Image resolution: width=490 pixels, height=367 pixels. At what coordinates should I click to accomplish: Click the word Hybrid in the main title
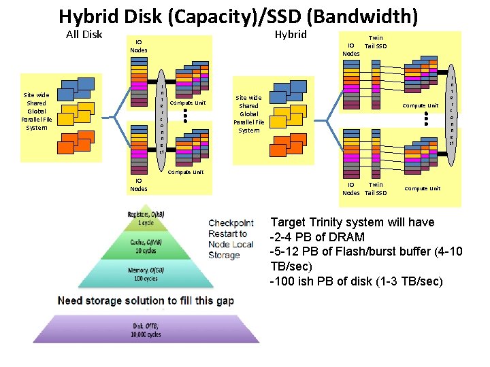click(x=90, y=16)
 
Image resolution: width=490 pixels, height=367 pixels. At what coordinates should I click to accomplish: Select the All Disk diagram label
click(x=84, y=35)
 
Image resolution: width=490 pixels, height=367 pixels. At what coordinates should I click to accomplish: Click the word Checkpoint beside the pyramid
click(x=231, y=223)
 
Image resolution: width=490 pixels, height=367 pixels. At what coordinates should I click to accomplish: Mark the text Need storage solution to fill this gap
click(x=146, y=300)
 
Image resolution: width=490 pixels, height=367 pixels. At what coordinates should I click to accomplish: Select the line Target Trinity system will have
click(x=353, y=222)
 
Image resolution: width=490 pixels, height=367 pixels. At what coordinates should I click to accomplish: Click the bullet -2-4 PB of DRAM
click(x=317, y=237)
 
